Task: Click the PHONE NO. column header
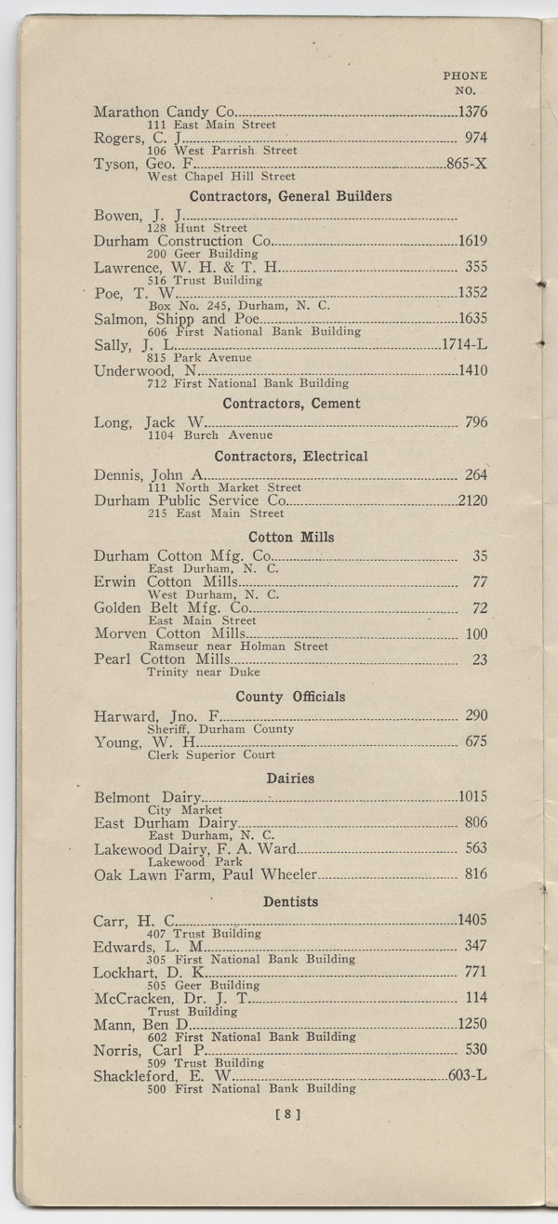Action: (x=464, y=84)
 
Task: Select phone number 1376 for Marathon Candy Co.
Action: (x=472, y=113)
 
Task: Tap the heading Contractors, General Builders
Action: (x=290, y=196)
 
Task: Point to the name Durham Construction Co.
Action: (x=182, y=241)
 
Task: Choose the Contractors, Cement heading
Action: (x=291, y=404)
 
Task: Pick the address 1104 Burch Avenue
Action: (x=209, y=434)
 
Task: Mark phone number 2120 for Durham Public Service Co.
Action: (x=472, y=500)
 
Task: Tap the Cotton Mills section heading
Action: (x=291, y=537)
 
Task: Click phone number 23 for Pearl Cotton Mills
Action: (x=479, y=659)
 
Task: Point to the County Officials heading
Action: (x=290, y=697)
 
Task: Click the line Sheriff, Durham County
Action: (x=220, y=729)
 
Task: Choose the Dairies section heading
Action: (x=290, y=778)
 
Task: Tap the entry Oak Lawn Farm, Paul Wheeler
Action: (x=206, y=874)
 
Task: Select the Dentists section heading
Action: (x=291, y=901)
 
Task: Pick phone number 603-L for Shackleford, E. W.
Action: (x=467, y=1076)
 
